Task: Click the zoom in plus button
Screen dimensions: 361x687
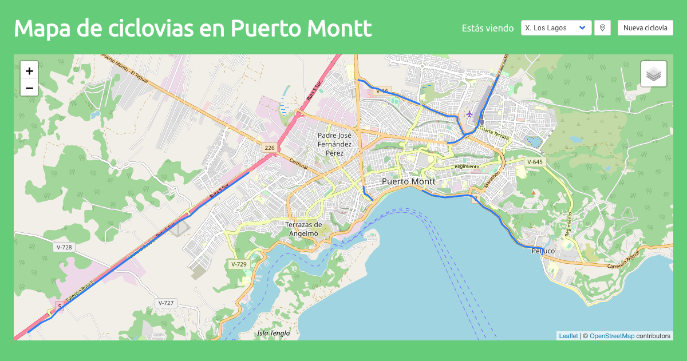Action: (x=29, y=71)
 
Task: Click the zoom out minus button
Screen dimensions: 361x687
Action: (x=29, y=88)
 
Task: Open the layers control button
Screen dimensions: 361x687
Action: (x=654, y=74)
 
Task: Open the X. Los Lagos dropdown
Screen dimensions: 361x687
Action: (x=556, y=27)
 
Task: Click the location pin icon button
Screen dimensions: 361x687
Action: (x=602, y=27)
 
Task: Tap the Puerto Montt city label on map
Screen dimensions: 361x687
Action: (x=408, y=181)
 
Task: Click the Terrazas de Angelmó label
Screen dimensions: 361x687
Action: (x=304, y=229)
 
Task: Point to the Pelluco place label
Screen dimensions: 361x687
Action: (x=543, y=251)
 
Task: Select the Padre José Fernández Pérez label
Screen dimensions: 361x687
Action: (x=334, y=144)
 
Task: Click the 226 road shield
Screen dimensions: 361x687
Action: (x=270, y=148)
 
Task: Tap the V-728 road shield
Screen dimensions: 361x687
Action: (x=65, y=247)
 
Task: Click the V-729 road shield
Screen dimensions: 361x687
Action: (x=238, y=264)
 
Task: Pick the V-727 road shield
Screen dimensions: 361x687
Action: (x=165, y=303)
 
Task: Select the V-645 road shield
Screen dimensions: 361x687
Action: (x=534, y=162)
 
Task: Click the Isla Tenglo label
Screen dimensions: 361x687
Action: (x=274, y=333)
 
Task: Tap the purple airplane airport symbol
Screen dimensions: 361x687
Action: (x=469, y=114)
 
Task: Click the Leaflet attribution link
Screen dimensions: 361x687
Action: (x=568, y=336)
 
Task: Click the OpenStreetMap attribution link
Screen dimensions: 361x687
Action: (x=611, y=336)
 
